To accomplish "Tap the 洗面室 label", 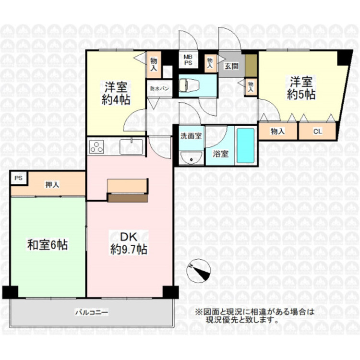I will click(x=191, y=135).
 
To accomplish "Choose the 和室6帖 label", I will click(x=47, y=245).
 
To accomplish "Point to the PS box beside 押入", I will click(x=19, y=178).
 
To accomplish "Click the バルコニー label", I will click(x=91, y=312).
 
